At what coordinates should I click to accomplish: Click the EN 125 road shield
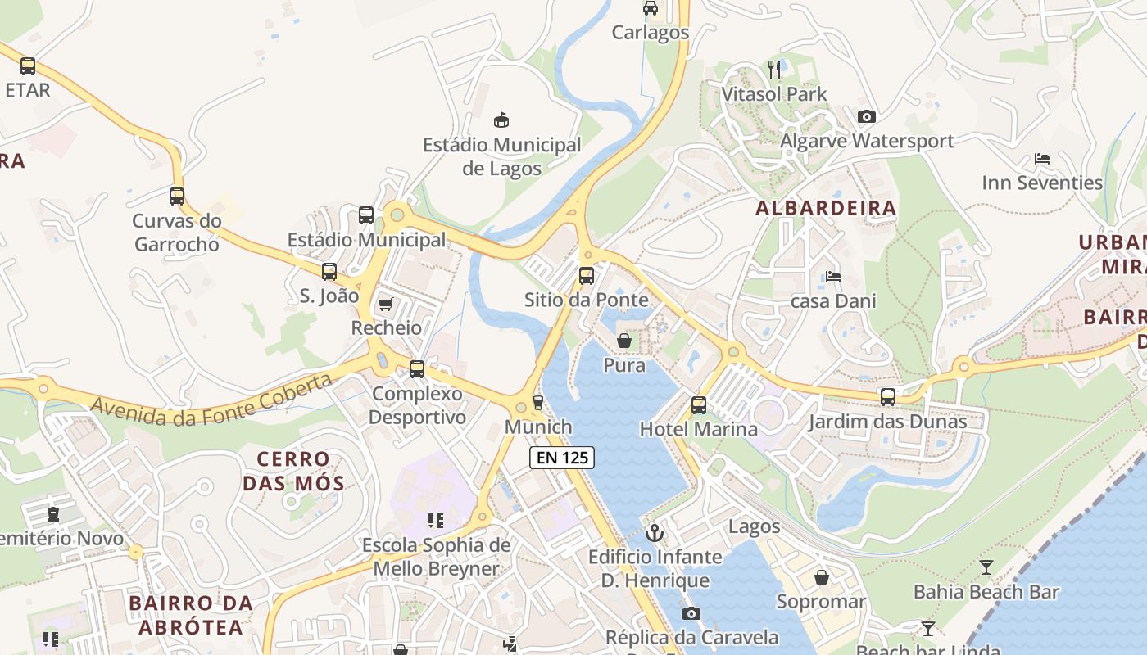pos(562,458)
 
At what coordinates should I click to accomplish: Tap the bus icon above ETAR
pos(28,66)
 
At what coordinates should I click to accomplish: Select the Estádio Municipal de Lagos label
pos(501,156)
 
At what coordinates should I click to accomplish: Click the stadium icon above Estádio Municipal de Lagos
pos(501,121)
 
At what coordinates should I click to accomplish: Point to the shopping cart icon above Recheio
pos(385,305)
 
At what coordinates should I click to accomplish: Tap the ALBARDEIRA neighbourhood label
pos(826,208)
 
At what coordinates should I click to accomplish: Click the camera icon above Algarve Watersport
pos(866,117)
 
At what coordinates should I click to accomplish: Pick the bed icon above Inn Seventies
pos(1042,159)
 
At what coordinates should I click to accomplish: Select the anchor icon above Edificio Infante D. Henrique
pos(655,534)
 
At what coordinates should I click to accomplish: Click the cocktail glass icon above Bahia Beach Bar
pos(986,567)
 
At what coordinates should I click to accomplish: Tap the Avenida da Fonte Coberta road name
pos(212,399)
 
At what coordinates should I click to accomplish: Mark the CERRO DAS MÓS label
pos(292,471)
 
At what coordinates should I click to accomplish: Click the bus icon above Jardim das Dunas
pos(887,398)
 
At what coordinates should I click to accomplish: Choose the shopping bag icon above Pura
pos(624,341)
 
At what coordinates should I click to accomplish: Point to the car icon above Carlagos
pos(651,9)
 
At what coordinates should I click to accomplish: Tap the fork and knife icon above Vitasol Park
pos(774,70)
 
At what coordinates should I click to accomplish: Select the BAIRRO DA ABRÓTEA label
pos(191,616)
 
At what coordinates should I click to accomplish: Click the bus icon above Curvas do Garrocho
pos(177,196)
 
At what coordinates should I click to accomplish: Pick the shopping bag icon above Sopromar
pos(822,578)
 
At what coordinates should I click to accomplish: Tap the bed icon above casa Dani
pos(833,277)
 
